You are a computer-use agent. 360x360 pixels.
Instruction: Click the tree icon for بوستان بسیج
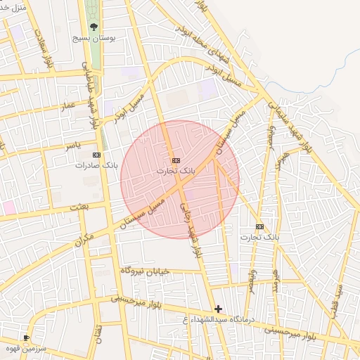94,27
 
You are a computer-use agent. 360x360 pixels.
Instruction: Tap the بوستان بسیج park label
94,39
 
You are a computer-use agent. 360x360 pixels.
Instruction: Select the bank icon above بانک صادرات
97,155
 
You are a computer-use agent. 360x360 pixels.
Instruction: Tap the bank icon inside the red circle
176,160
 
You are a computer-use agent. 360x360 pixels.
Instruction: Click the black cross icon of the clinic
219,309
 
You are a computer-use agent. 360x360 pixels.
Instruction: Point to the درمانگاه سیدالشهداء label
221,321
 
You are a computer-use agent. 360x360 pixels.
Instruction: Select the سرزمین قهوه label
32,349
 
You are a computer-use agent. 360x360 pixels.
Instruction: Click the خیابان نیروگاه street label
146,270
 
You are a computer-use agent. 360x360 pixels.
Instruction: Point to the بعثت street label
79,209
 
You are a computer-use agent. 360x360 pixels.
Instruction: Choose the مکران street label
82,241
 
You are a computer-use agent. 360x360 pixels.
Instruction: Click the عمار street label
67,105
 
